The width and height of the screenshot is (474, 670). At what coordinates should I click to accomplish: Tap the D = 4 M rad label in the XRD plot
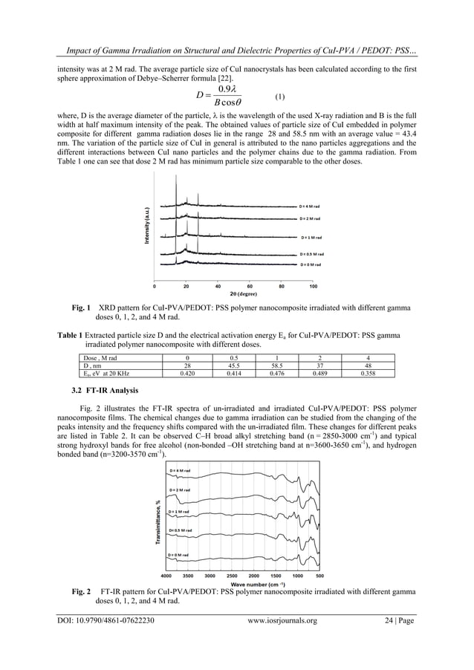(x=309, y=205)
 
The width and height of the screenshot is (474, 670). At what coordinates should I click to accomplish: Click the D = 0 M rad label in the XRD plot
(x=310, y=264)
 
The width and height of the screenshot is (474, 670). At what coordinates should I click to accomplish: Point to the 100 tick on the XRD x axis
(x=314, y=285)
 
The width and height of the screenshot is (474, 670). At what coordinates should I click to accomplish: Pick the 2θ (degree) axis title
(x=233, y=293)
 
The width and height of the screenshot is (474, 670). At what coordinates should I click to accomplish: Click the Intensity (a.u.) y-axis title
(x=147, y=227)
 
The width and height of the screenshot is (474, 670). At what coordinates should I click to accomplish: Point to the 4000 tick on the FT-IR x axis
(x=166, y=576)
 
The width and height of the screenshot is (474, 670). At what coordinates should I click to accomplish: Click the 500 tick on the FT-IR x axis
(x=319, y=576)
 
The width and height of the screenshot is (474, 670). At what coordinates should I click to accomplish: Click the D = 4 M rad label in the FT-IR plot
(x=182, y=471)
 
